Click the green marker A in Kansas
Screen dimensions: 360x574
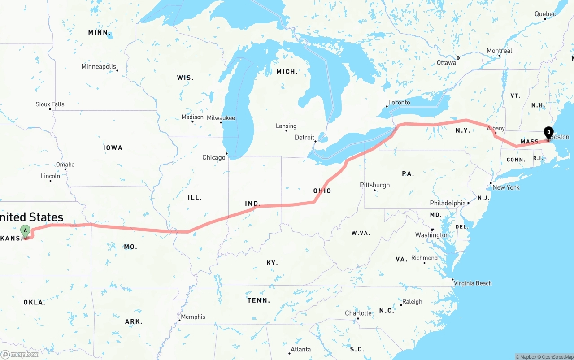coord(26,231)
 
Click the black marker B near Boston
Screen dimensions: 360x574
coord(548,133)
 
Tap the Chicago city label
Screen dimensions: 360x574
coord(214,157)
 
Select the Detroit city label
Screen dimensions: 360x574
coord(304,137)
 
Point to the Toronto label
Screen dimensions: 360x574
coord(399,102)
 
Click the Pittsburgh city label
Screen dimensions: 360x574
coord(375,185)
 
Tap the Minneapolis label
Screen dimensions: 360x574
coord(99,66)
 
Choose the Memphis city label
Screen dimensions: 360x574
coord(193,317)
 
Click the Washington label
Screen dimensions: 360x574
coord(432,235)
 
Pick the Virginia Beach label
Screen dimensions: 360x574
coord(473,283)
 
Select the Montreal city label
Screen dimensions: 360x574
coord(500,51)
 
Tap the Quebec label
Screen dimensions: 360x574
coord(545,14)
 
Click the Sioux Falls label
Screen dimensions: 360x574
coord(50,104)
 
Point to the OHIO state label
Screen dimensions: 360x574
coord(322,191)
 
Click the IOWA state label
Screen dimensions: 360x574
coord(113,147)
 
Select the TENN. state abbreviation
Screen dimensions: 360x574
coord(259,300)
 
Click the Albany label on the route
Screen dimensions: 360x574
coord(496,128)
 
